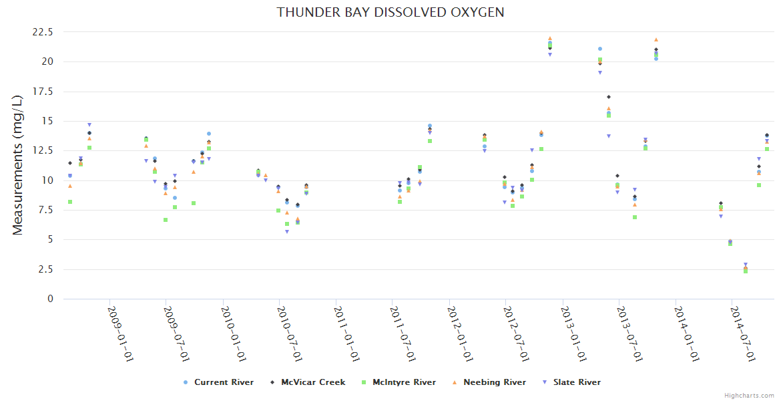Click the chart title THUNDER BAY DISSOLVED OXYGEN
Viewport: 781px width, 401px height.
(x=390, y=12)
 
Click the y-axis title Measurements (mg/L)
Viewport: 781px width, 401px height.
(x=18, y=165)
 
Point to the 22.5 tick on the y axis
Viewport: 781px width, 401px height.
(x=42, y=32)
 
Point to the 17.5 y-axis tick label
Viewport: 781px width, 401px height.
(x=42, y=92)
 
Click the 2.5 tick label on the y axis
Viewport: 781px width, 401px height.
(x=45, y=269)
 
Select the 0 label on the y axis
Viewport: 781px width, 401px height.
(x=50, y=299)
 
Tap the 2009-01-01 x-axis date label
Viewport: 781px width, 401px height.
(x=121, y=333)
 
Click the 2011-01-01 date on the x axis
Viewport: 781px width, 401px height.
(x=347, y=333)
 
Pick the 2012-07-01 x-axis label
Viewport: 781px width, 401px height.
(x=517, y=333)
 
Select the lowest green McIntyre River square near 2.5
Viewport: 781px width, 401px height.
(x=745, y=271)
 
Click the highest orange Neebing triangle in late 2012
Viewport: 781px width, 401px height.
(x=549, y=39)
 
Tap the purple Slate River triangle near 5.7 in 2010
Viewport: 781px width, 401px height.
(x=287, y=232)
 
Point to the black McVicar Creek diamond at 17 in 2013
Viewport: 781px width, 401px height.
(x=609, y=97)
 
